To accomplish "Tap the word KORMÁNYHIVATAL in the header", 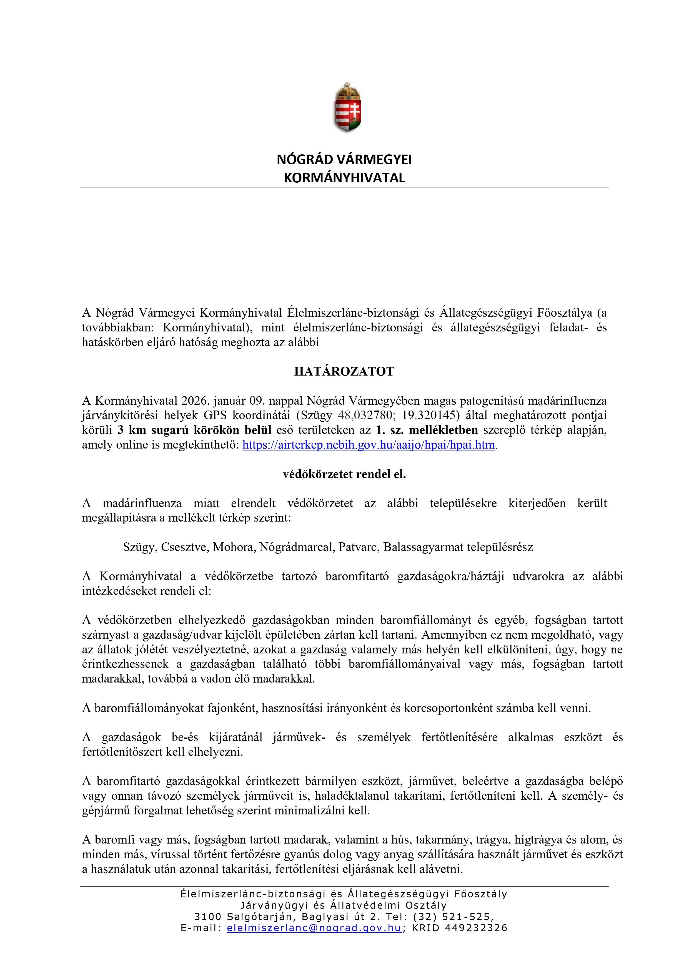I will (x=344, y=178).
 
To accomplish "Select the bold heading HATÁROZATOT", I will (x=344, y=372).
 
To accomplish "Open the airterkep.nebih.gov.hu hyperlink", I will (x=369, y=445).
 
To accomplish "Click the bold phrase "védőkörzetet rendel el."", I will (x=344, y=474).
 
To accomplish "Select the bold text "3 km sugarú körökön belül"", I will (x=194, y=430).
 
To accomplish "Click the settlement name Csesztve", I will (x=185, y=547).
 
